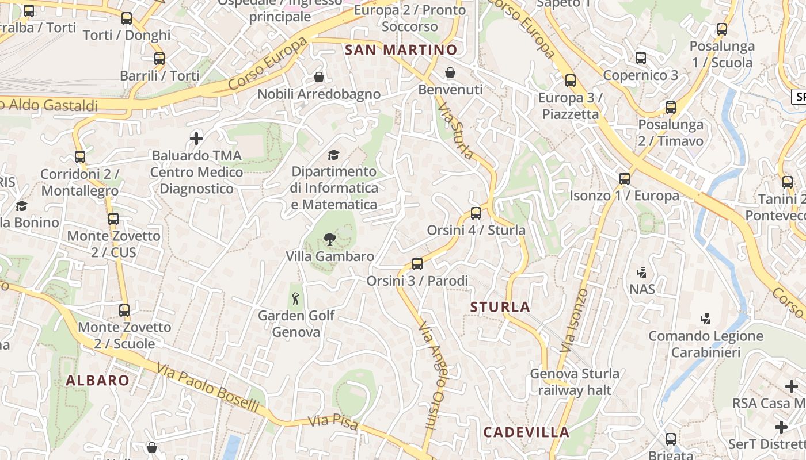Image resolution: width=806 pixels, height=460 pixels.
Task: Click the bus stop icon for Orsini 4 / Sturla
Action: tap(476, 213)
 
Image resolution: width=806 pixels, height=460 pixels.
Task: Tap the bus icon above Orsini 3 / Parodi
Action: tap(417, 264)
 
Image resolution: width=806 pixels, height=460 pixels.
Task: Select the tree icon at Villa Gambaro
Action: tap(330, 239)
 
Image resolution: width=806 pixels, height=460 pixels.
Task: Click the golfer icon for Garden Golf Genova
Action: tap(295, 298)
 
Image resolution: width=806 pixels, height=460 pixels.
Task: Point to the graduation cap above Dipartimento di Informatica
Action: tap(333, 155)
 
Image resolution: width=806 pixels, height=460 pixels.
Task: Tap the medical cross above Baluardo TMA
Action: tap(196, 138)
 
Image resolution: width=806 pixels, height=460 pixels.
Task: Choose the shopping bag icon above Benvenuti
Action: tap(450, 72)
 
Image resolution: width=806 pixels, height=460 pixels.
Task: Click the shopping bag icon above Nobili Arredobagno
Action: tap(318, 76)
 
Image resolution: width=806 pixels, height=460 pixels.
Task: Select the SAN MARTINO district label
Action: tap(401, 50)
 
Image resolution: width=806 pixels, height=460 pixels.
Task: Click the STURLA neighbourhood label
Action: tap(500, 307)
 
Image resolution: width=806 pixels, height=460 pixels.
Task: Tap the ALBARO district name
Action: tap(97, 380)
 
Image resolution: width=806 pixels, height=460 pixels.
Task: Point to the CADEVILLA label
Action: tap(526, 432)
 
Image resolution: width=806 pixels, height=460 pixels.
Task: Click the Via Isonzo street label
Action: tap(574, 320)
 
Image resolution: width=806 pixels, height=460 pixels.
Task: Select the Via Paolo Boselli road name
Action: tap(207, 388)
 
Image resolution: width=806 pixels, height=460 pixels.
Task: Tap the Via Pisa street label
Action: tap(333, 423)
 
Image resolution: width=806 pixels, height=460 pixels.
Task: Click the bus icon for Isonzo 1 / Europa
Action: tap(625, 179)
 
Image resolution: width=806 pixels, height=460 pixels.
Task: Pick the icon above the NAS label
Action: tap(641, 272)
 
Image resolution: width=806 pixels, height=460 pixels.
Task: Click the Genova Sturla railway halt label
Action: tap(575, 382)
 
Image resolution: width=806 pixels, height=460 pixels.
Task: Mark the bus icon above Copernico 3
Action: tap(640, 58)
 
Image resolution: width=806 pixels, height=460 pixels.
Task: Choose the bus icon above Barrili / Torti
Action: tap(159, 59)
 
